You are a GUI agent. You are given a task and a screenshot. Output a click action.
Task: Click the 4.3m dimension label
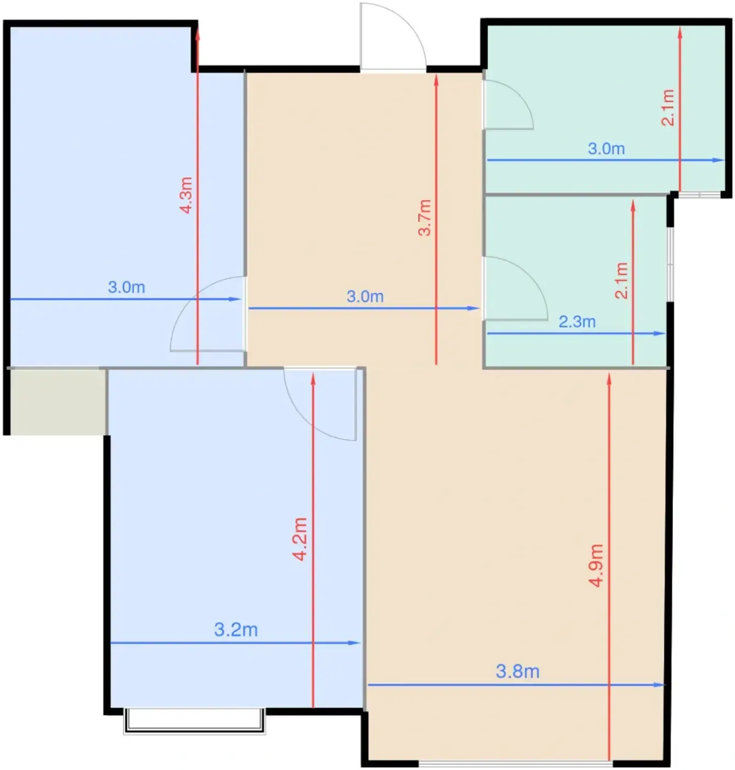click(187, 195)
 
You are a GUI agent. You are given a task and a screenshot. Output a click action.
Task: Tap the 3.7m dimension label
click(425, 217)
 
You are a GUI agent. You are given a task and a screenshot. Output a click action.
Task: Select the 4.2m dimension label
click(300, 540)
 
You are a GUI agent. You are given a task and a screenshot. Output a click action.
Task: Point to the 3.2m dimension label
click(236, 630)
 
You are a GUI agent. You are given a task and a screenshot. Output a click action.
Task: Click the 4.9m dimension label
click(597, 565)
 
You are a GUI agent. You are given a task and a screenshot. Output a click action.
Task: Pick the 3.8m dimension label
click(518, 672)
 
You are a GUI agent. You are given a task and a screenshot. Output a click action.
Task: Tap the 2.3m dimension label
click(577, 322)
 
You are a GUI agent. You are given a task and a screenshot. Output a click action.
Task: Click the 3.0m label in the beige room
click(365, 296)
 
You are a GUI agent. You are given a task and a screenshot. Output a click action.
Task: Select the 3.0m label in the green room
click(606, 149)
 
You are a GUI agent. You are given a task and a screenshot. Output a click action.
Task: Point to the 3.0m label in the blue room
click(127, 288)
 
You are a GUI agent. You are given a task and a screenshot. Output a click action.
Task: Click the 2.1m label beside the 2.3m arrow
click(622, 280)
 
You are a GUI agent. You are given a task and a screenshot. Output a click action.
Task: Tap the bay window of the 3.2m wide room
click(195, 721)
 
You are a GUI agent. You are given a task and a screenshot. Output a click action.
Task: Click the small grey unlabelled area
click(58, 402)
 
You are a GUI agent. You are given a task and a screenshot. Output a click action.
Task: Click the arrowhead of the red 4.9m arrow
click(609, 379)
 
